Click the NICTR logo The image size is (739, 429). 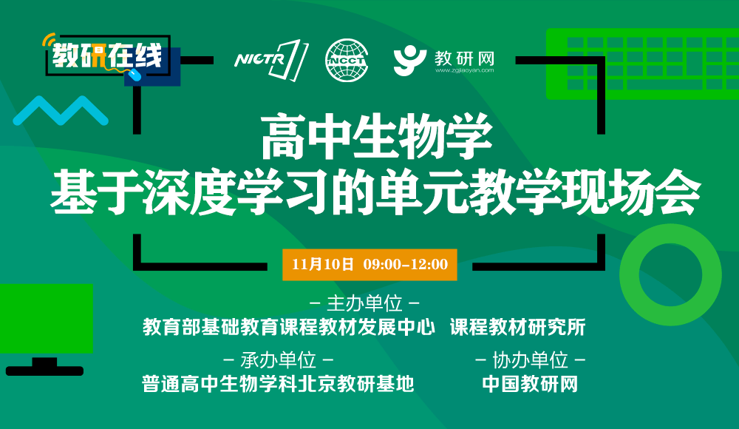(x=271, y=60)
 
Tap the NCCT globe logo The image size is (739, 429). (x=347, y=60)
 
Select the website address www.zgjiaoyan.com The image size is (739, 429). (x=464, y=71)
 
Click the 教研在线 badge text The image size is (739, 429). (x=107, y=55)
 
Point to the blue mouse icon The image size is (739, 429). (x=135, y=75)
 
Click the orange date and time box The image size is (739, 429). (x=369, y=264)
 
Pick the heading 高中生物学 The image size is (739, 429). (x=377, y=137)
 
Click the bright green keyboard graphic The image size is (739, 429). (x=642, y=64)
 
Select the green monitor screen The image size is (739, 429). (x=46, y=319)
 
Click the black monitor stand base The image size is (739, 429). (x=45, y=371)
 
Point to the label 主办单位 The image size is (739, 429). (x=365, y=303)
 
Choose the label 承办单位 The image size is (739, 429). (x=279, y=360)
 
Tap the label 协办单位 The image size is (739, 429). (x=530, y=360)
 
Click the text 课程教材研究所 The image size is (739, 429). (x=518, y=328)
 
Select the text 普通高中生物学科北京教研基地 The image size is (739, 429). (x=278, y=384)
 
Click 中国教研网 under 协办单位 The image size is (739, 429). (x=530, y=384)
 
